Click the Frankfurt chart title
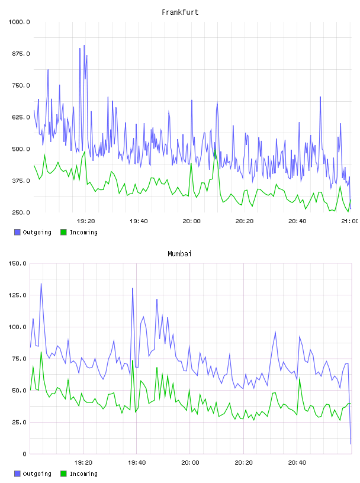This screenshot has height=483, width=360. click(180, 12)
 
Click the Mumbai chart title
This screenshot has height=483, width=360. click(179, 254)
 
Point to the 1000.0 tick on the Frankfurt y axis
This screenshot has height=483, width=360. click(19, 22)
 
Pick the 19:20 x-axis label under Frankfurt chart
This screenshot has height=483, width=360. click(86, 221)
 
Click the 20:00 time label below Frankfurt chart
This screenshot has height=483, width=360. click(191, 221)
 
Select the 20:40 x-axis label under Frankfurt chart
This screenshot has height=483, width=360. click(297, 221)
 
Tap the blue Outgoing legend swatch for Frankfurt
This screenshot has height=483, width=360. click(17, 232)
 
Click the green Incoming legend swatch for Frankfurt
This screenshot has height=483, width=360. click(63, 232)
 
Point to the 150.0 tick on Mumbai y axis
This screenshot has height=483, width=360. click(17, 263)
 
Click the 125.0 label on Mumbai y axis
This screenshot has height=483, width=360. click(17, 295)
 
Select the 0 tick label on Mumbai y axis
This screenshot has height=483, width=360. click(24, 454)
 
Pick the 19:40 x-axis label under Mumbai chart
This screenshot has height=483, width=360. click(137, 462)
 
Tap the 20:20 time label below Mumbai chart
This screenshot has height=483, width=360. click(243, 462)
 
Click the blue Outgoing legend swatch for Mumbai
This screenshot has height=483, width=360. click(17, 474)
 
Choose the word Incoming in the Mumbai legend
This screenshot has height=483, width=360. click(83, 474)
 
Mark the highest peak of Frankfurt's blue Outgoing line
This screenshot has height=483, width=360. click(84, 46)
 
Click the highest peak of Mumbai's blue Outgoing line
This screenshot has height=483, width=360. click(41, 284)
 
